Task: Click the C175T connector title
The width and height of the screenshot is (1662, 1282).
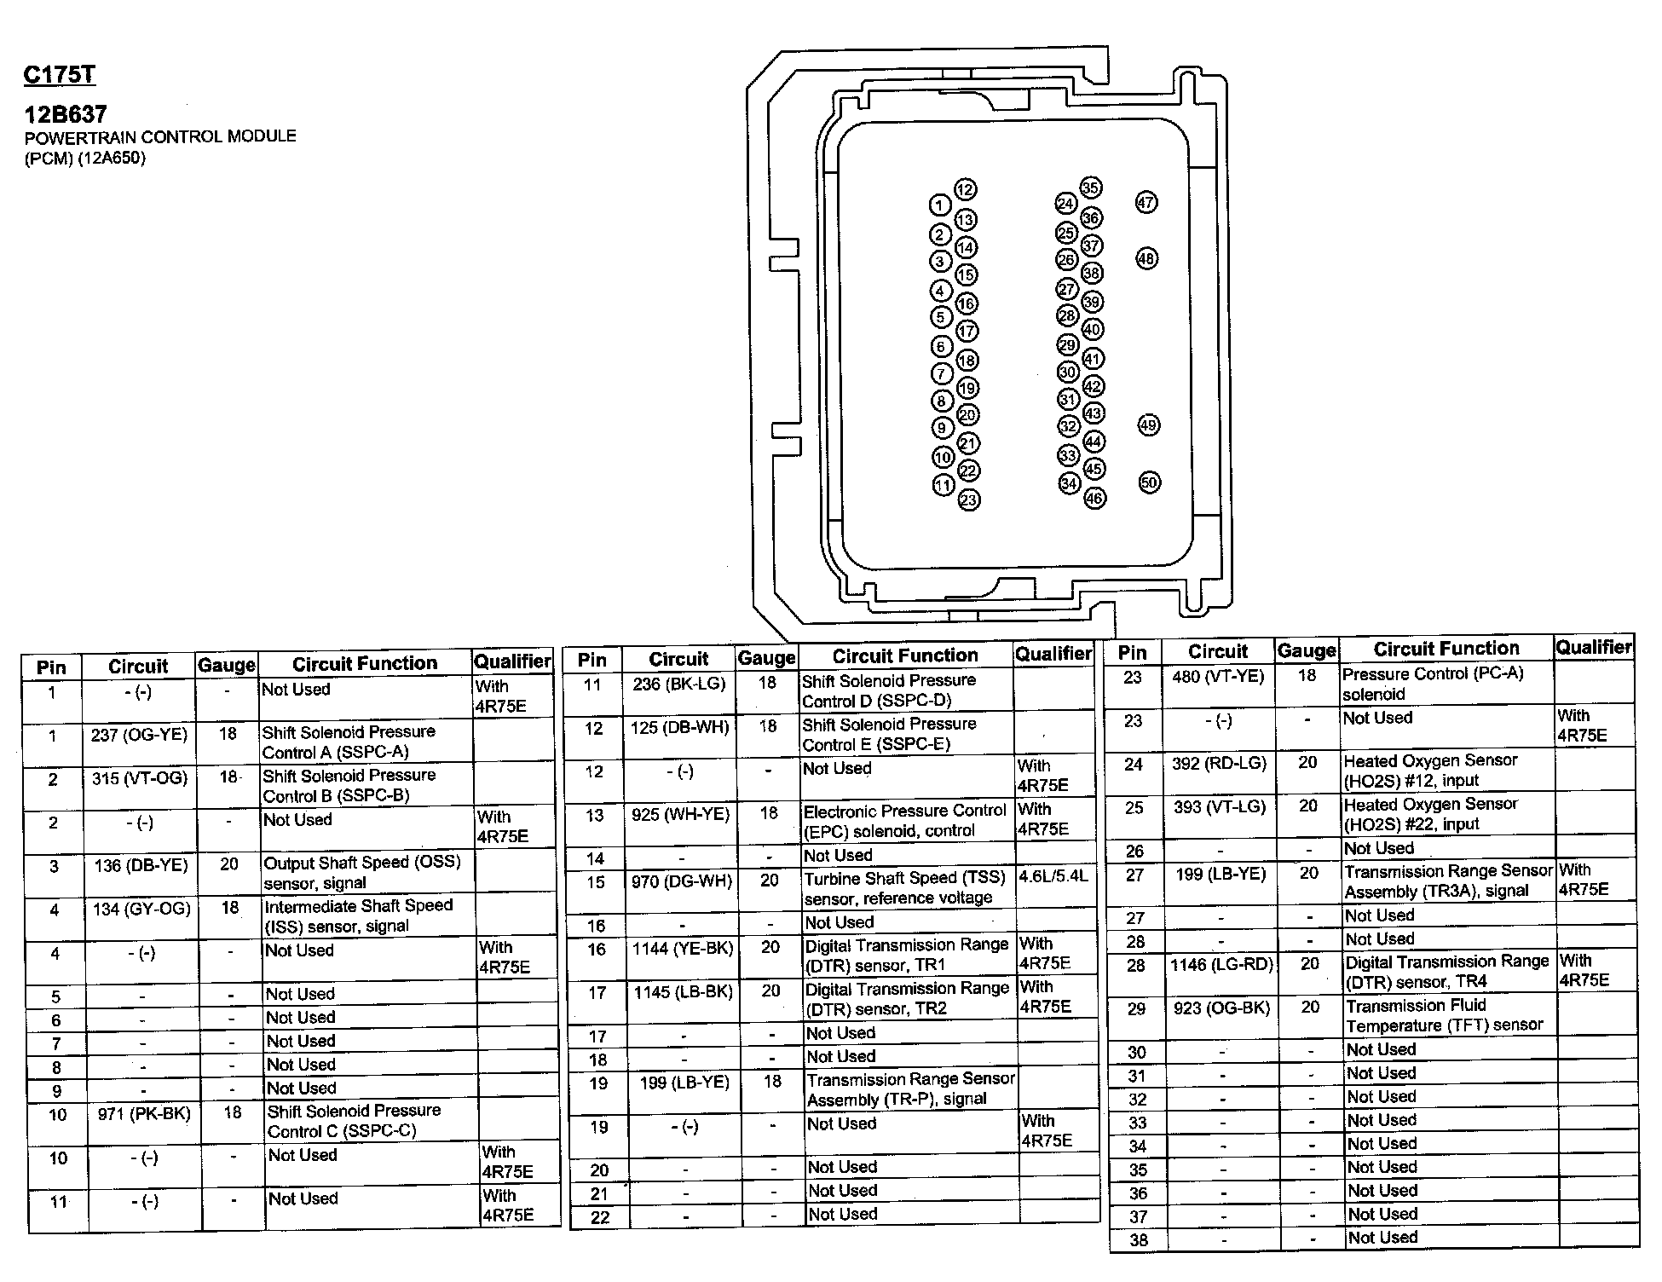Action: pyautogui.click(x=60, y=75)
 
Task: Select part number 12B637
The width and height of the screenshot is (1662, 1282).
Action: pyautogui.click(x=66, y=114)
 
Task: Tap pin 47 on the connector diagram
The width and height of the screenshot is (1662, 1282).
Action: pyautogui.click(x=1146, y=203)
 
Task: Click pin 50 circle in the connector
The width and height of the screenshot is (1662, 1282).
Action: pyautogui.click(x=1149, y=482)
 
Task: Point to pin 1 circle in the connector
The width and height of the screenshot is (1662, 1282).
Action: pyautogui.click(x=939, y=205)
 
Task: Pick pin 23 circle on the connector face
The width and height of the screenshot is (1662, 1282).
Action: pyautogui.click(x=969, y=500)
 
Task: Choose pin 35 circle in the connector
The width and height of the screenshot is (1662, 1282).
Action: pyautogui.click(x=1091, y=188)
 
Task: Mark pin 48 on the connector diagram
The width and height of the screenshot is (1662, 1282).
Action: pyautogui.click(x=1147, y=258)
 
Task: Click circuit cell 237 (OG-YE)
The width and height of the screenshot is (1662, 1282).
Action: pyautogui.click(x=139, y=735)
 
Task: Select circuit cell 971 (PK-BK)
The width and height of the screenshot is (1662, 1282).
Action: pyautogui.click(x=144, y=1114)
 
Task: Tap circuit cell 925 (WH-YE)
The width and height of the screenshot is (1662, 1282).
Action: pyautogui.click(x=681, y=815)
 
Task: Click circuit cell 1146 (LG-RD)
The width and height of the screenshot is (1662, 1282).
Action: pyautogui.click(x=1221, y=965)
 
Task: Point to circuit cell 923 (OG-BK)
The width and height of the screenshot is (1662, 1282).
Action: pyautogui.click(x=1221, y=1008)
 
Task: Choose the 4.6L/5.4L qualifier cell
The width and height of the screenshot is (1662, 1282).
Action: pyautogui.click(x=1053, y=876)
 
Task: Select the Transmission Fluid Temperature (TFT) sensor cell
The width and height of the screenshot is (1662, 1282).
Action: pyautogui.click(x=1445, y=1015)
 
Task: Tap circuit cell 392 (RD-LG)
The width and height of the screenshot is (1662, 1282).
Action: pyautogui.click(x=1219, y=764)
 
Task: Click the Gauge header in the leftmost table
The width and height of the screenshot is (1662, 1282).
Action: pyautogui.click(x=226, y=665)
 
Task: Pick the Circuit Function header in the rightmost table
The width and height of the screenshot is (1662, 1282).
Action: pyautogui.click(x=1446, y=650)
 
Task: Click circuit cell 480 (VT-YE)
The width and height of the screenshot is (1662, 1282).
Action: pyautogui.click(x=1219, y=677)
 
